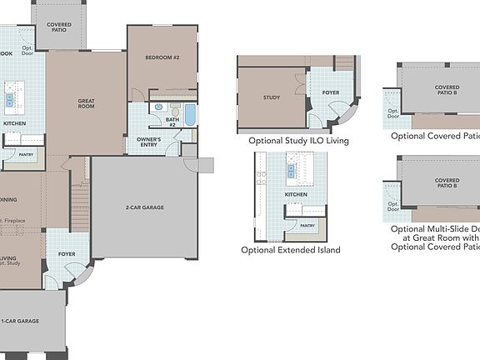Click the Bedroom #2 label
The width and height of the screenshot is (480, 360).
162,57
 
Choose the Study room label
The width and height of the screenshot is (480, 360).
271,97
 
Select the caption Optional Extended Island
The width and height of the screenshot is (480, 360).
290,250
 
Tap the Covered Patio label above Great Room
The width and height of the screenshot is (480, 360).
59,27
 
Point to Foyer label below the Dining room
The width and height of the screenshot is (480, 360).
67,253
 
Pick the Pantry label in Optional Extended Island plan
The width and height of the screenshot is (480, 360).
307,225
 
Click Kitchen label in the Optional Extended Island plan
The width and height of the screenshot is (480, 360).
296,194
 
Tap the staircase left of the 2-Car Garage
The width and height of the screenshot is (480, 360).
79,205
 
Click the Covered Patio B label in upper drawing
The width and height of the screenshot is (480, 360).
447,89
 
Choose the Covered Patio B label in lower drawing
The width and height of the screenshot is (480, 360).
447,183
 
